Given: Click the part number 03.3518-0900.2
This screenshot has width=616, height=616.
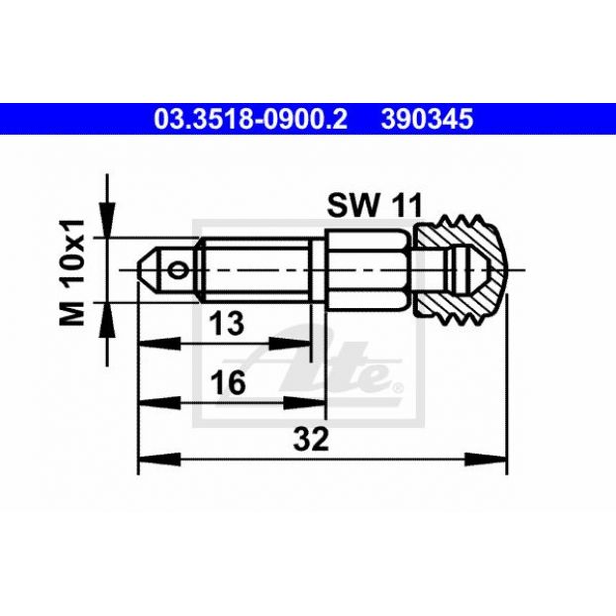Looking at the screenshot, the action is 251,119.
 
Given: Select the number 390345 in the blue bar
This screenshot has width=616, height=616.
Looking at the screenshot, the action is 427,119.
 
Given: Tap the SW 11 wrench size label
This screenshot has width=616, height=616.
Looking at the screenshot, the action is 374,205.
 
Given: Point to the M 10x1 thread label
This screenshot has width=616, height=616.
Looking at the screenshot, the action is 72,272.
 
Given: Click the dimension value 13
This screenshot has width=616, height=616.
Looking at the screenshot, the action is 227,323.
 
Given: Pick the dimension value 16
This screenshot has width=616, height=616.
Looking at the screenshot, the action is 228,382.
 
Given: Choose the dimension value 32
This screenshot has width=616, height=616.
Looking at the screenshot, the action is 311,439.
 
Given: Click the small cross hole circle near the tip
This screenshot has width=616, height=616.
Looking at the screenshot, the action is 176,270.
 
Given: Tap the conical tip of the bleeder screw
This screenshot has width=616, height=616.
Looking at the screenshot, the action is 149,270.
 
